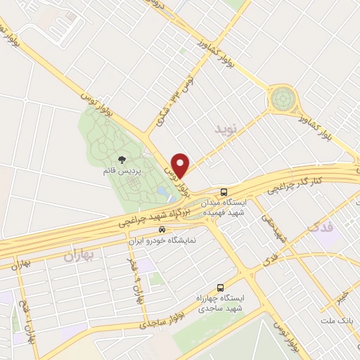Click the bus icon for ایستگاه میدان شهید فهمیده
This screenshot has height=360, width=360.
tap(224, 192)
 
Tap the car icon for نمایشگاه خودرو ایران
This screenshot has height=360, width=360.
tap(162, 229)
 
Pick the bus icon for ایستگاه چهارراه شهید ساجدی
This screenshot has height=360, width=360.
tap(221, 288)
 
